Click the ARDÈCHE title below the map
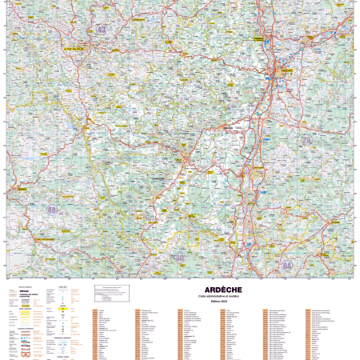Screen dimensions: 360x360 214,289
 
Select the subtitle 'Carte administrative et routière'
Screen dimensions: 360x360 214,295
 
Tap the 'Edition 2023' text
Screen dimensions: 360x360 214,301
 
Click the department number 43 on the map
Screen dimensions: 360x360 101,30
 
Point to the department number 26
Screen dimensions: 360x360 306,139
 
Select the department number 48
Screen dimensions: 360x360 53,210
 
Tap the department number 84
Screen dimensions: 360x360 286,265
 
